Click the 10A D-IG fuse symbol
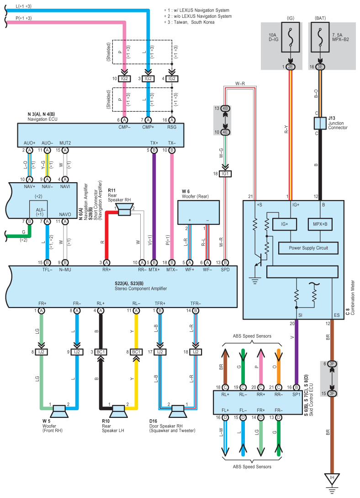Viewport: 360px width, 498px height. tap(291, 37)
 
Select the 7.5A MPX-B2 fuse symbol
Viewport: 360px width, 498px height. tap(320, 37)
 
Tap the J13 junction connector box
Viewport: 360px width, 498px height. tap(320, 123)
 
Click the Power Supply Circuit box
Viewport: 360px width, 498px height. tap(308, 248)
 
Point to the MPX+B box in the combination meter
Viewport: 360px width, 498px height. tap(320, 224)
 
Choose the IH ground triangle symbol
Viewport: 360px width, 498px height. tap(332, 479)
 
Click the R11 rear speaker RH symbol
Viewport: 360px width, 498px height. tap(124, 210)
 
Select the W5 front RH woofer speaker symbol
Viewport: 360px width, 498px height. tap(59, 411)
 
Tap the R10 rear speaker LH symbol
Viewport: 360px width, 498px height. tap(118, 411)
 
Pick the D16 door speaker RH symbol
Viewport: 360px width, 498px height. tap(177, 411)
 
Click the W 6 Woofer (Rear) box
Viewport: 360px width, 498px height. tap(198, 212)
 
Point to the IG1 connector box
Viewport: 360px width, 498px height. tap(225, 174)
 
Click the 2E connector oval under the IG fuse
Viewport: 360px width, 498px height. tap(291, 67)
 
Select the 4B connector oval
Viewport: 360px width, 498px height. tap(225, 108)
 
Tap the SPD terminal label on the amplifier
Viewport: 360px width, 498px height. tap(225, 270)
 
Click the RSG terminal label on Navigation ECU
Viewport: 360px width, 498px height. tap(172, 127)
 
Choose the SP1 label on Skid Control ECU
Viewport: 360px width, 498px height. tap(296, 395)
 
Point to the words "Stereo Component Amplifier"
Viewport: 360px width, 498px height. tap(141, 288)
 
